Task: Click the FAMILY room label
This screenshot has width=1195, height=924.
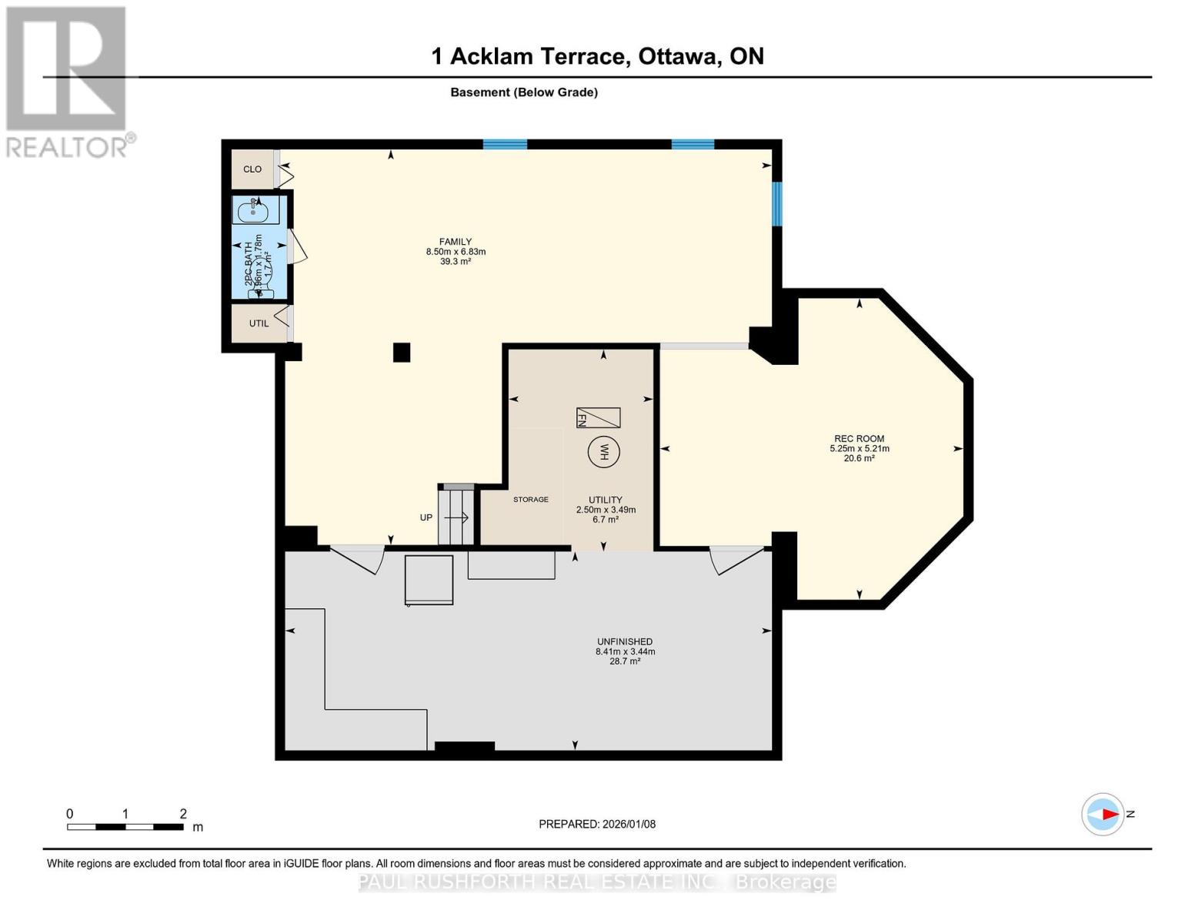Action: click(456, 242)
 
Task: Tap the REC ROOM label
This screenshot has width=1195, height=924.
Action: click(859, 439)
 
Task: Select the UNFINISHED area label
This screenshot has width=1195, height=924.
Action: click(625, 641)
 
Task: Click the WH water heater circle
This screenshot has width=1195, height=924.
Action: click(603, 452)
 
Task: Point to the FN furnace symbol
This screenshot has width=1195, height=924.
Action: click(598, 417)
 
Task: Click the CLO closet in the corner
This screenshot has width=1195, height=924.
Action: click(252, 169)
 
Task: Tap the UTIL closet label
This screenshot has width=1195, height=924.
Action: click(259, 323)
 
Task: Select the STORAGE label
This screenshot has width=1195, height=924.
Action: click(531, 500)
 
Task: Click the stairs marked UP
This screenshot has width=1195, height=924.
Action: click(456, 517)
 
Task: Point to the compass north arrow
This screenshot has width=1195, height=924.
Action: click(1104, 814)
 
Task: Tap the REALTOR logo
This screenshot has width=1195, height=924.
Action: click(68, 81)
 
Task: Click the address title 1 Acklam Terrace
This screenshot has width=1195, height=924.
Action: click(597, 56)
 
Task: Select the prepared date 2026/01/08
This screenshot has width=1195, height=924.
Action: click(597, 824)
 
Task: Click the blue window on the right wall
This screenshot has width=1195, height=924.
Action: click(776, 204)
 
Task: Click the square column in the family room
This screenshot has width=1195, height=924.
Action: click(402, 353)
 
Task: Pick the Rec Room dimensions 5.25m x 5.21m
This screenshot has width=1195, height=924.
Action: click(859, 449)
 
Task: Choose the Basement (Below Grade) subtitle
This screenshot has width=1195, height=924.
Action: click(524, 92)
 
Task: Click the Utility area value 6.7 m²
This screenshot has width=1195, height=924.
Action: click(606, 520)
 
